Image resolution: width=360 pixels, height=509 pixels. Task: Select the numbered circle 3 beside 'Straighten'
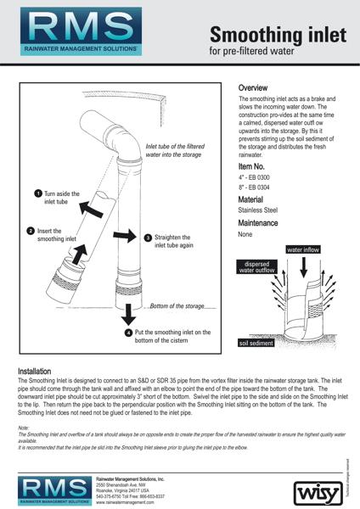[x=147, y=238]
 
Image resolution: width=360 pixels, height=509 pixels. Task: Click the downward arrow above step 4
[x=127, y=314]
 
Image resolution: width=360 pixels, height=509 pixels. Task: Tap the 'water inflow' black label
[x=307, y=251]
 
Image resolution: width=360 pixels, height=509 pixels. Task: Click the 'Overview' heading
[x=253, y=87]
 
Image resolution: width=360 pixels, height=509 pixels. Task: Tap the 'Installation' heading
[x=41, y=372]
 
